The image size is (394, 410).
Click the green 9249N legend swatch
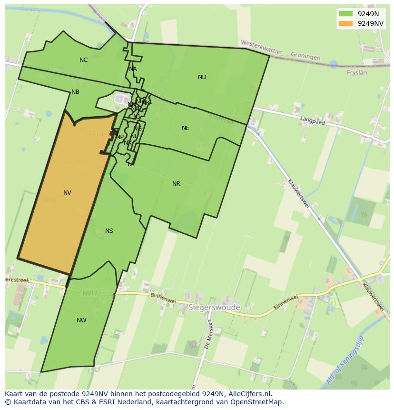346,14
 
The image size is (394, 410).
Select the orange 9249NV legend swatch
346,23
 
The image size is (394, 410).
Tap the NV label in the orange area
67,193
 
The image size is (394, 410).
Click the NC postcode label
84,60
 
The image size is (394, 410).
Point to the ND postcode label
202,77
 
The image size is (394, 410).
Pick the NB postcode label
75,92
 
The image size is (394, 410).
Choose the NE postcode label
186,128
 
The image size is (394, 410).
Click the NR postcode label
176,184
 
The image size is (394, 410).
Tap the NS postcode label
109,231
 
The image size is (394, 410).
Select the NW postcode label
81,320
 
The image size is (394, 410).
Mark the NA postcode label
133,69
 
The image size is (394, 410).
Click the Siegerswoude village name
214,308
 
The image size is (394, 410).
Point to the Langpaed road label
312,121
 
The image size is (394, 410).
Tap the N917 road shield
90,293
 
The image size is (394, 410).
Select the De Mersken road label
208,334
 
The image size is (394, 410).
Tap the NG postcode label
138,129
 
